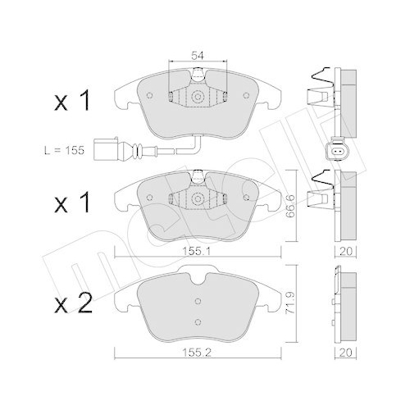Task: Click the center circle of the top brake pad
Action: click(198, 96)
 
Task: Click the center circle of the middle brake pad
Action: click(198, 199)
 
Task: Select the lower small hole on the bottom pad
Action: click(198, 321)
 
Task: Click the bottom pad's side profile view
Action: click(345, 304)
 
